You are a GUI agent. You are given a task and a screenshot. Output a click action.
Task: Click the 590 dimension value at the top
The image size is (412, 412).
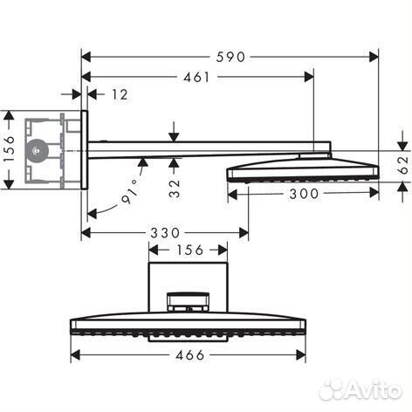coord(230,56)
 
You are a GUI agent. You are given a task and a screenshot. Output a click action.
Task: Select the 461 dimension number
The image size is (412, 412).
coord(197,77)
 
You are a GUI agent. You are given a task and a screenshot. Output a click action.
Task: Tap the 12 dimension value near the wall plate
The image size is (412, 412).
coord(120,94)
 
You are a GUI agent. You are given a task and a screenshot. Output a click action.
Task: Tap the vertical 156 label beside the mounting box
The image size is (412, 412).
coord(9,149)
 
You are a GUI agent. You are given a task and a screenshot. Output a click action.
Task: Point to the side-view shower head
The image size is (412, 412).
coord(301,167)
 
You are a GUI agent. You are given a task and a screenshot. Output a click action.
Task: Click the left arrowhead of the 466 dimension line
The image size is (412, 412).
coord(74,355)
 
